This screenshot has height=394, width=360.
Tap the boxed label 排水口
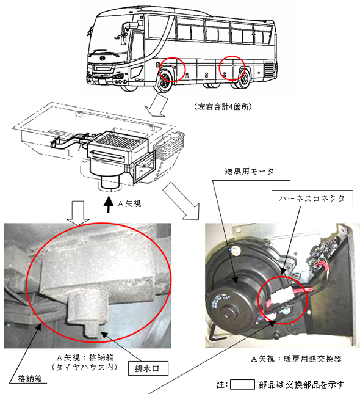[x=147, y=368]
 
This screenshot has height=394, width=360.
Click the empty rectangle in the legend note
[x=242, y=385]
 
